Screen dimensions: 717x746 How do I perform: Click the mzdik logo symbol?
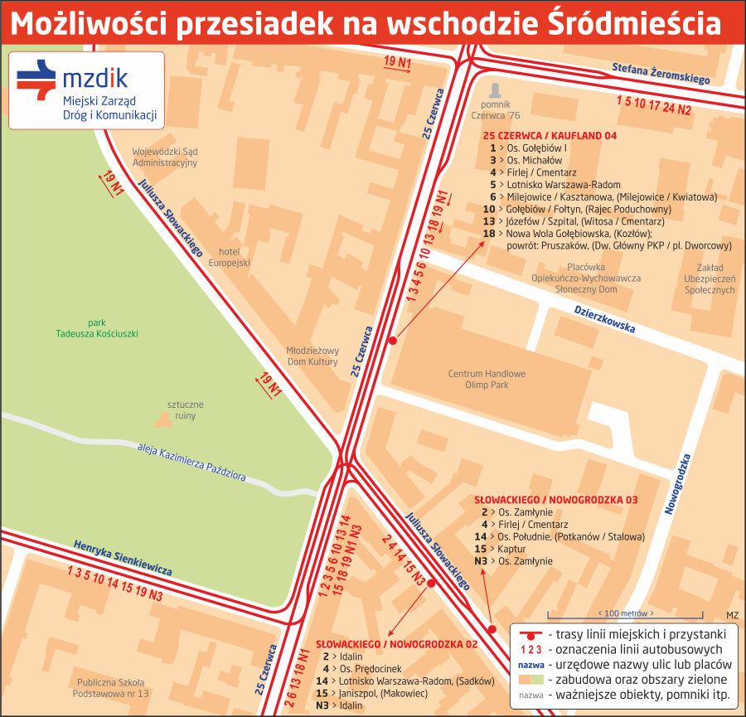click(x=36, y=80)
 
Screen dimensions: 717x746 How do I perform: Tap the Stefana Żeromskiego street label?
click(x=661, y=74)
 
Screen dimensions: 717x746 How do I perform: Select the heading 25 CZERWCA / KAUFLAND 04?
click(x=550, y=135)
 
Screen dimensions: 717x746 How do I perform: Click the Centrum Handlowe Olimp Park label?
click(x=487, y=380)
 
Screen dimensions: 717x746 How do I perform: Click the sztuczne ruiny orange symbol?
click(x=163, y=419)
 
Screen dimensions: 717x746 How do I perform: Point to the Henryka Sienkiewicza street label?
click(x=123, y=558)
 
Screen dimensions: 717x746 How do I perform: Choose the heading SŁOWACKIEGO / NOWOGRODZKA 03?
click(x=555, y=501)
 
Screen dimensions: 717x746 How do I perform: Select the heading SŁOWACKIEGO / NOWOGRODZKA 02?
click(x=397, y=644)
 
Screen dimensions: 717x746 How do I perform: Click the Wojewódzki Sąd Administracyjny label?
click(x=165, y=157)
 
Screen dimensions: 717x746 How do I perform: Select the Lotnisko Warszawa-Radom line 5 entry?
click(x=555, y=185)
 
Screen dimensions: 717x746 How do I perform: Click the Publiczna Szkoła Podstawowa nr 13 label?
click(x=110, y=687)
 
